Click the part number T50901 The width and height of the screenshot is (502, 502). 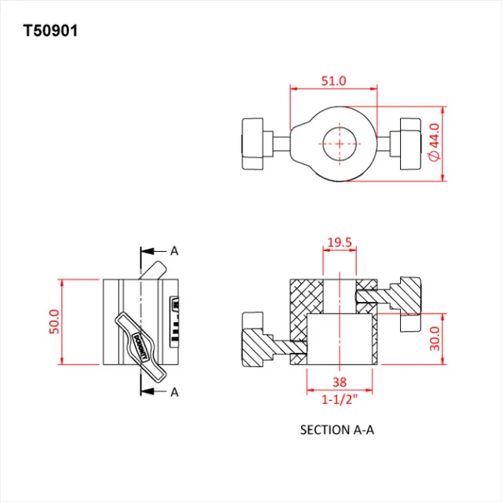tap(51, 31)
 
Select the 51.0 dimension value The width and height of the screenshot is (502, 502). tap(333, 81)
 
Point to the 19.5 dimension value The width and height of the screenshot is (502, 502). tap(339, 243)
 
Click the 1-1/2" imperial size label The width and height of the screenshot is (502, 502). tap(339, 399)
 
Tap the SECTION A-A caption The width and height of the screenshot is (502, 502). tap(339, 430)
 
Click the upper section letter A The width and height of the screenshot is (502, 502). tap(174, 251)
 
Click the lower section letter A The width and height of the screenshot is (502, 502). tap(174, 391)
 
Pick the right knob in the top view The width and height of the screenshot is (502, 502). tap(411, 144)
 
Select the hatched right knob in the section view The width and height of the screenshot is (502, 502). tap(407, 296)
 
